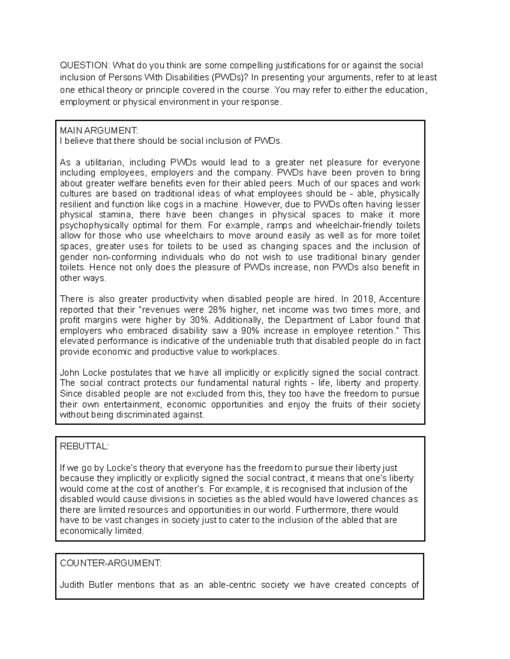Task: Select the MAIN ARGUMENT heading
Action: coord(99,130)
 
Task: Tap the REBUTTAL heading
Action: coord(84,446)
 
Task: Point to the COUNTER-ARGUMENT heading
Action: coord(110,563)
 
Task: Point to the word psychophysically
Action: coord(91,225)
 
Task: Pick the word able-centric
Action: coord(232,585)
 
